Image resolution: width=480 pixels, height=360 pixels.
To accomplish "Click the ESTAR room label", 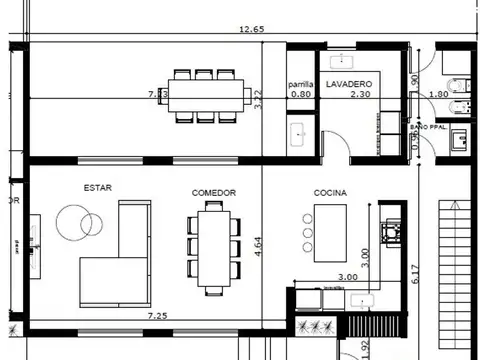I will [x=97, y=187].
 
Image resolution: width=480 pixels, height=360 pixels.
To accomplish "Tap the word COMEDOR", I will [x=212, y=192].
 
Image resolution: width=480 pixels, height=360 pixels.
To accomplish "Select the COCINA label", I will [x=330, y=192].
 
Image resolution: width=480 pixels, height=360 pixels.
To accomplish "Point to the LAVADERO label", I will [x=349, y=84].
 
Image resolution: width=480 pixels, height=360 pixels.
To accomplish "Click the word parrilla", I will [x=301, y=84].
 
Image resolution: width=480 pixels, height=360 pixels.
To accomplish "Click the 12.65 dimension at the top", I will [x=251, y=30].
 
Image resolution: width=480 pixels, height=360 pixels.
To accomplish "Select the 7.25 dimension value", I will [x=157, y=316].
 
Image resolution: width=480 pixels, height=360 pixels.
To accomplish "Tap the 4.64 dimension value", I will [x=258, y=248].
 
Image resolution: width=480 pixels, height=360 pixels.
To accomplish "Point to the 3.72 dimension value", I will [x=258, y=99].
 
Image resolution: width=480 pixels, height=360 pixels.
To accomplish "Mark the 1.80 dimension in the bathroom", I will [x=438, y=94].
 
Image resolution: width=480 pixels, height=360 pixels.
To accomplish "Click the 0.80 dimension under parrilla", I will [x=301, y=94].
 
